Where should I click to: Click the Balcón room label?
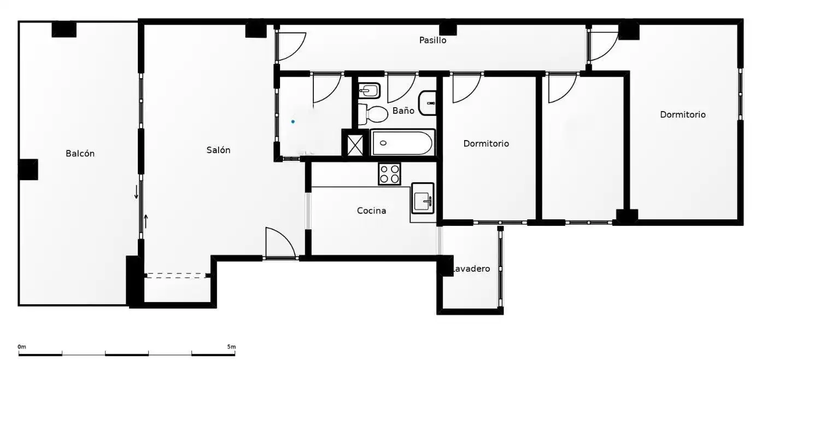[x=80, y=154]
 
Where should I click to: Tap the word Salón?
[x=218, y=150]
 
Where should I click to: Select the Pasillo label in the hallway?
[x=432, y=40]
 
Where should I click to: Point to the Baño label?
[x=403, y=111]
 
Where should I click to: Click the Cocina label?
[x=371, y=211]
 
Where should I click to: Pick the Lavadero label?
[x=471, y=269]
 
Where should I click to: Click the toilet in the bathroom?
[x=373, y=114]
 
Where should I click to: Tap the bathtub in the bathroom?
[x=402, y=143]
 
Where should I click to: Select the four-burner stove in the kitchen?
[x=389, y=174]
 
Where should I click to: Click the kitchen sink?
[x=423, y=198]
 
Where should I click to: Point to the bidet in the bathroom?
[x=369, y=90]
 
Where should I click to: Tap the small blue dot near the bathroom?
[x=293, y=121]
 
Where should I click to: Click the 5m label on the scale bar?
[x=231, y=347]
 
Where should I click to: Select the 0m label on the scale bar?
[x=22, y=347]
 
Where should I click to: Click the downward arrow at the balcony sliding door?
[x=136, y=191]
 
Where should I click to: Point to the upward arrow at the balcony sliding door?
[x=146, y=222]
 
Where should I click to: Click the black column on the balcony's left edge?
[x=28, y=170]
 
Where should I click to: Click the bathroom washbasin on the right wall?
[x=427, y=103]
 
